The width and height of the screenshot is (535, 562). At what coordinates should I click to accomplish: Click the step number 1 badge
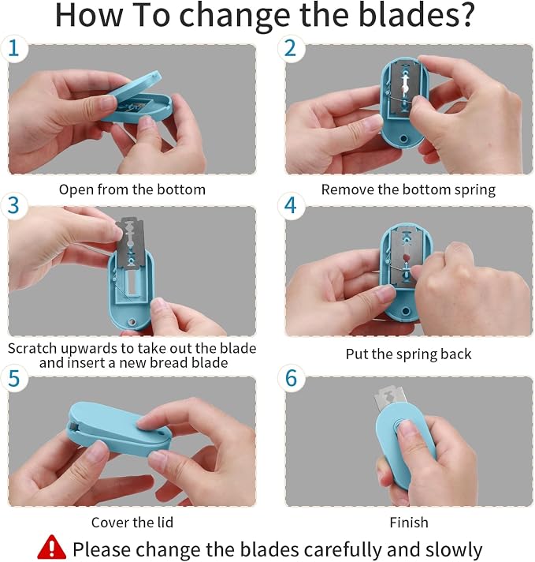click(13, 48)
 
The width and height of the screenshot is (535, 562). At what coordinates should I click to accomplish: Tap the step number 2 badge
click(291, 48)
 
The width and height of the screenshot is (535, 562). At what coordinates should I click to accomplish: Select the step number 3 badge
click(13, 205)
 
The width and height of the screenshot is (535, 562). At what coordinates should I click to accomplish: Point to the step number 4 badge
click(291, 205)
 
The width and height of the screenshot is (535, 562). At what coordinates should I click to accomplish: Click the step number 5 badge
click(13, 378)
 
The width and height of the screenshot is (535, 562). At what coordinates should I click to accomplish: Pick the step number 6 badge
click(291, 378)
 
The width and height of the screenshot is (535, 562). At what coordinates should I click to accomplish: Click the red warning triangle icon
click(51, 547)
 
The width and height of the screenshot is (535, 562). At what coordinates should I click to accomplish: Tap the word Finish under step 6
click(409, 523)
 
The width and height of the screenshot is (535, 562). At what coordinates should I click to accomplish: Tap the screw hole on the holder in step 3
click(132, 321)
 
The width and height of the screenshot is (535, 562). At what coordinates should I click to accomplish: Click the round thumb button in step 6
click(402, 426)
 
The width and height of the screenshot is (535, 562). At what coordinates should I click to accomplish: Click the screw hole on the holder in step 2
click(403, 138)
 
